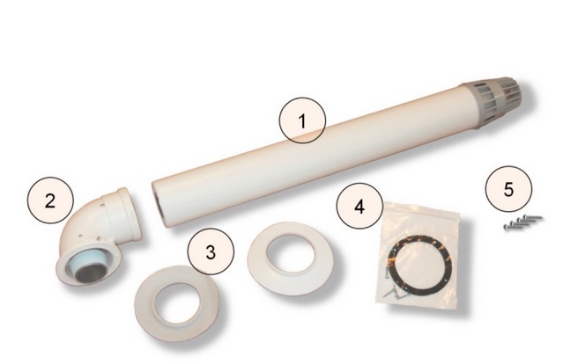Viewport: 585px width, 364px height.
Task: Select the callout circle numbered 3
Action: coord(210,251)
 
